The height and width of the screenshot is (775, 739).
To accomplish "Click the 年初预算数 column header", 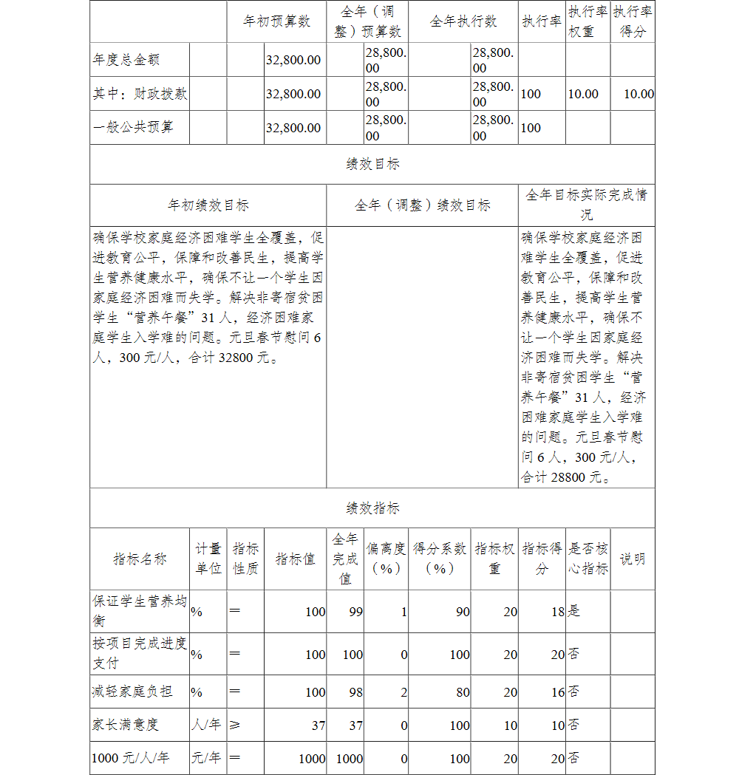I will [x=276, y=21].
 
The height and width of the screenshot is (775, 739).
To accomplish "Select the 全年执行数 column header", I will [x=463, y=21].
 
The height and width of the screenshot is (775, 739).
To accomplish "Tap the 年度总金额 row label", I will [x=126, y=60].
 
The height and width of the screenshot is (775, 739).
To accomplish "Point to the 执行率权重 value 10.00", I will [x=583, y=94].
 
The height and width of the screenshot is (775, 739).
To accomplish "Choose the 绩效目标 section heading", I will [x=372, y=165].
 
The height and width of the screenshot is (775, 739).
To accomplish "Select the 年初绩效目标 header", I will [x=208, y=205].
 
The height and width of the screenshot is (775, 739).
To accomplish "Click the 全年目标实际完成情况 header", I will [x=586, y=205].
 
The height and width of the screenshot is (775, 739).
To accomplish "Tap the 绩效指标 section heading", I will [x=372, y=508].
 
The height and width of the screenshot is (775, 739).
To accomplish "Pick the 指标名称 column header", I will [x=140, y=559].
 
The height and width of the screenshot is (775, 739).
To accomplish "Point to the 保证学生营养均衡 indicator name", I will [x=139, y=611].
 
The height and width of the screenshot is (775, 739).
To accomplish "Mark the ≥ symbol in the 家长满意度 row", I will [x=235, y=725].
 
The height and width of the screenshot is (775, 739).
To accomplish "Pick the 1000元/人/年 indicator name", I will [x=130, y=758].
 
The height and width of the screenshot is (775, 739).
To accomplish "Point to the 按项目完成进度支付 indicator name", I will [x=139, y=653].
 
